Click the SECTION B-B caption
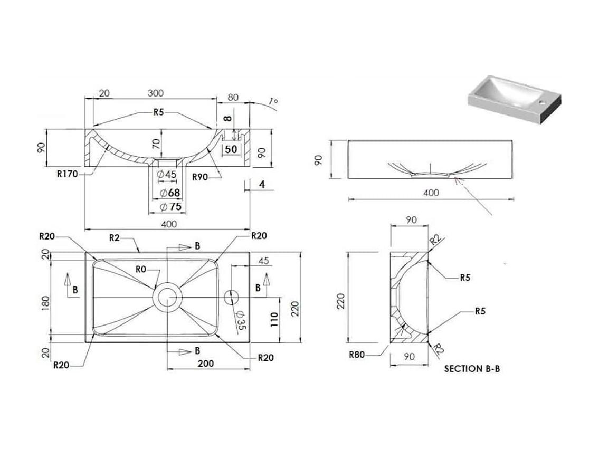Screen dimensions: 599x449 [x=472, y=369]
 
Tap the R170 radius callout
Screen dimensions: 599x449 [x=67, y=174]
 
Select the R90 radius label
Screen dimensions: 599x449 [x=200, y=177]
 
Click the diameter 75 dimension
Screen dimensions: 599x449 [x=171, y=206]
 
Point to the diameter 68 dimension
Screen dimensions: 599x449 [x=169, y=193]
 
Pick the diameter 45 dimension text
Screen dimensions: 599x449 [x=167, y=175]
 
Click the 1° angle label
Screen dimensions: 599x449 [x=273, y=101]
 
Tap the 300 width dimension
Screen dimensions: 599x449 [x=156, y=93]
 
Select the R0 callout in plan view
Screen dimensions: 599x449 [x=140, y=270]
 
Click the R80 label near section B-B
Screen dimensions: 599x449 [x=356, y=355]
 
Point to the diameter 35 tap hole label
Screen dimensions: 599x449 [x=241, y=320]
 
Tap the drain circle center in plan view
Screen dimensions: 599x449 [x=167, y=298]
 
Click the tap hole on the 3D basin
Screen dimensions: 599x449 [x=542, y=102]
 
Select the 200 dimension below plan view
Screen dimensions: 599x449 [x=205, y=363]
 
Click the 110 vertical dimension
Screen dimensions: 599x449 [x=274, y=319]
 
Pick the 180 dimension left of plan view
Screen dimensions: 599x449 [x=45, y=303]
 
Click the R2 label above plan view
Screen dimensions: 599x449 [x=114, y=238]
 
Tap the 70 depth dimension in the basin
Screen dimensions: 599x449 [x=156, y=144]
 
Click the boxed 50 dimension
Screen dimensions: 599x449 [x=231, y=149]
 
